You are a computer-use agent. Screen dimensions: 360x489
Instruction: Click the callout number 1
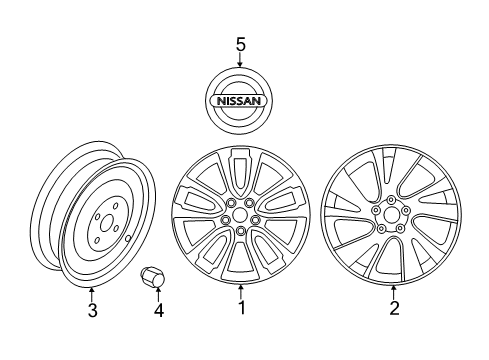pyautogui.click(x=241, y=309)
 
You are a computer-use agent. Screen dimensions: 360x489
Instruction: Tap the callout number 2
pyautogui.click(x=394, y=309)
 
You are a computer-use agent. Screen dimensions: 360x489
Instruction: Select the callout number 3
pyautogui.click(x=92, y=309)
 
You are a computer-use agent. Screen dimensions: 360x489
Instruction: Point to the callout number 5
pyautogui.click(x=240, y=45)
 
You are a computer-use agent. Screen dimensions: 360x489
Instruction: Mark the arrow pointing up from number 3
pyautogui.click(x=92, y=291)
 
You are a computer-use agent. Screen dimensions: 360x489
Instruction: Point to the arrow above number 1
pyautogui.click(x=241, y=292)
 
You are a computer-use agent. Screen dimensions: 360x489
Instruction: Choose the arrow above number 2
pyautogui.click(x=394, y=292)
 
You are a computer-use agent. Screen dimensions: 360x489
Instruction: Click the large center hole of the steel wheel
pyautogui.click(x=102, y=239)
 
